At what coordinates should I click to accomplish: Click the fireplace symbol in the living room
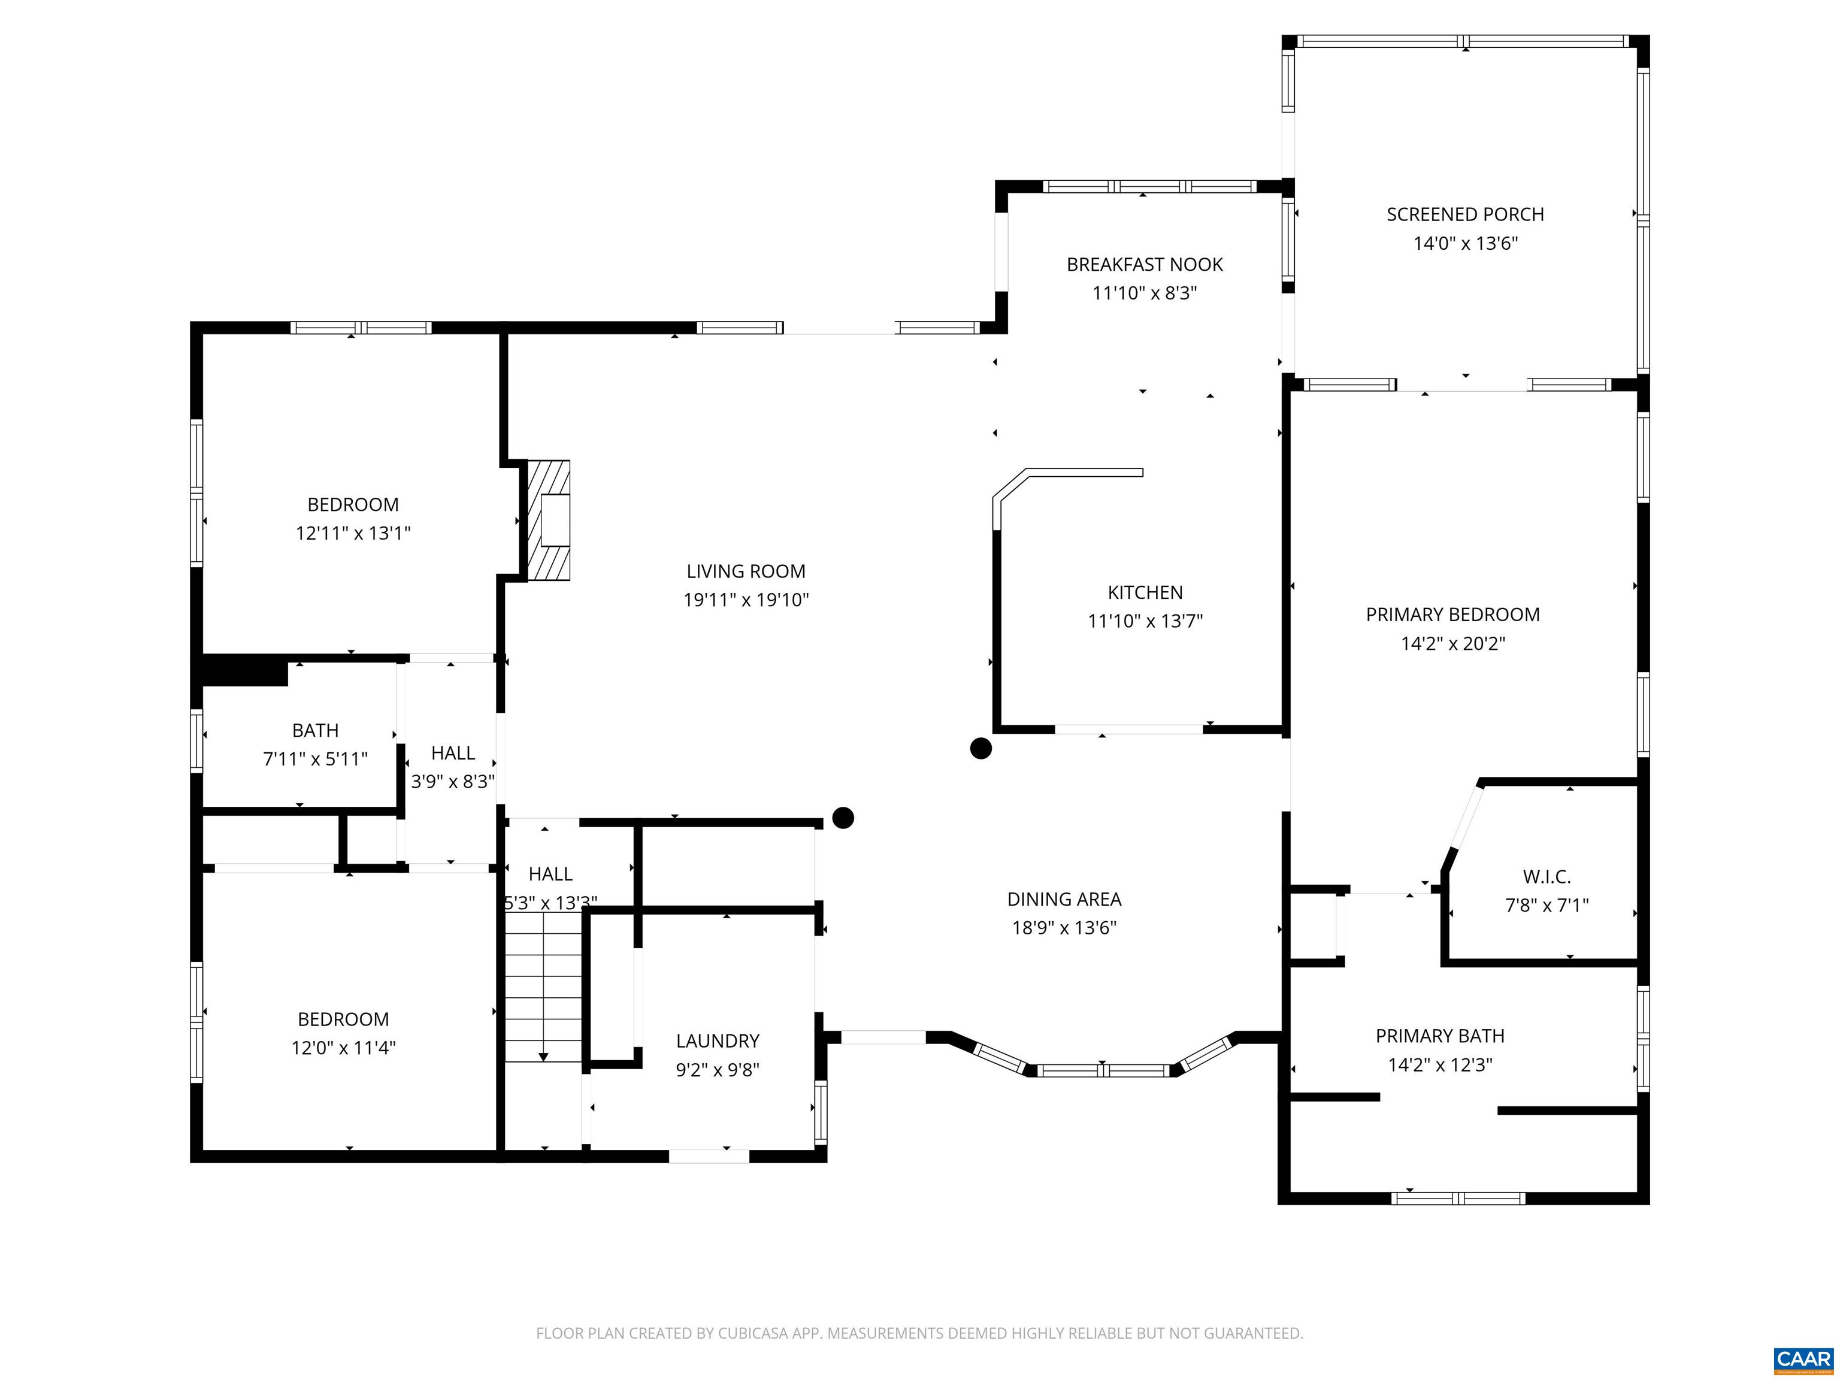549,520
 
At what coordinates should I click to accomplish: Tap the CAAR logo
1803,1359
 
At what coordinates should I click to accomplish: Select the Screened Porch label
1465,214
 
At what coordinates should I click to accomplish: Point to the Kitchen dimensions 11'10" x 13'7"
1145,621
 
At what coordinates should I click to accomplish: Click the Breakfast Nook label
1145,265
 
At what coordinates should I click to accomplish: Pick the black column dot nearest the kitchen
980,749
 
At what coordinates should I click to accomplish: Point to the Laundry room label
717,1040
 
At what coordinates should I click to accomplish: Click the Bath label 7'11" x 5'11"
315,730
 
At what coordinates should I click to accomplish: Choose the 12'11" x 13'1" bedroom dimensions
353,533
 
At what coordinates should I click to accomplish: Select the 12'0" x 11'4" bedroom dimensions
343,1047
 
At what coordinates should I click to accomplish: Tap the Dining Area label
1064,899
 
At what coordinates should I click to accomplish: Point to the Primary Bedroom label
1452,615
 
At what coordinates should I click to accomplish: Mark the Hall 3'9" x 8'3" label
453,753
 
